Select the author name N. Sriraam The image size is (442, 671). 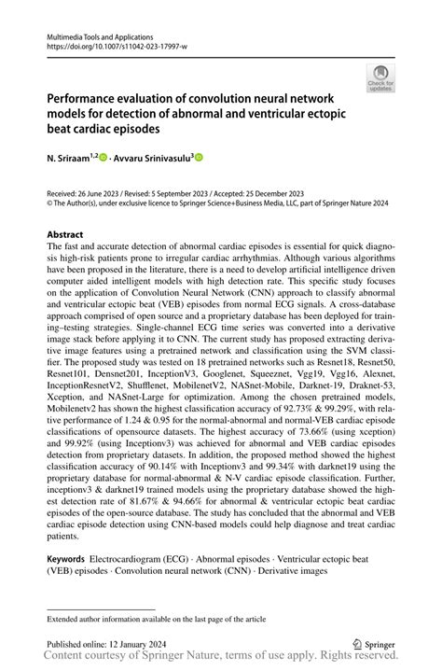click(70, 159)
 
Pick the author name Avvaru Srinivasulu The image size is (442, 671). click(151, 159)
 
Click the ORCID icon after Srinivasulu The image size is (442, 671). click(200, 159)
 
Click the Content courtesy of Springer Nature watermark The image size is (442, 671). click(221, 659)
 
